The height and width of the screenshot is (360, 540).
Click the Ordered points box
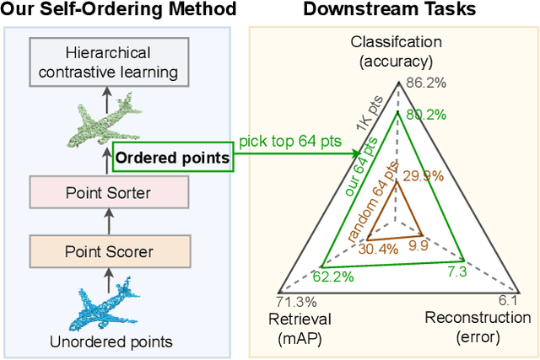point(170,158)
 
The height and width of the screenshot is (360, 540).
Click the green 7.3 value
point(456,271)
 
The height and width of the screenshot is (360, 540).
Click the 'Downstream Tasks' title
point(389,11)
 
